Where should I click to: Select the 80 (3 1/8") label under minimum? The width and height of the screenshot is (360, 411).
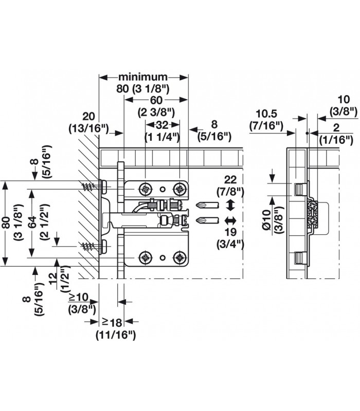143,88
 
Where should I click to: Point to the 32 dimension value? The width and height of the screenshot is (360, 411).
163,125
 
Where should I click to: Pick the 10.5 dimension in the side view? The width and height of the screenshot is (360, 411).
266,114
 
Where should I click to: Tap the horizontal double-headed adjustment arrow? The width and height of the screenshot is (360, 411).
230,221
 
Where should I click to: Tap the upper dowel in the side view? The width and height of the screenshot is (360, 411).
299,189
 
